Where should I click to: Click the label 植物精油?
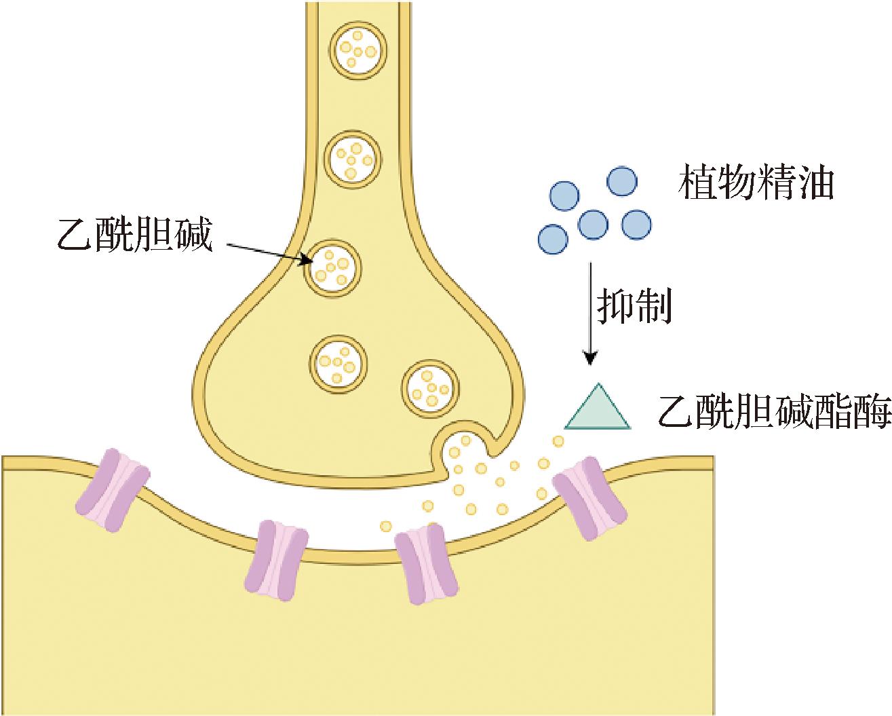point(756,183)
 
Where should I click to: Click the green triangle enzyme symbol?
point(597,410)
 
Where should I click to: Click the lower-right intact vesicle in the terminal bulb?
point(431,388)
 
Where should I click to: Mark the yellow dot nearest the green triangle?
point(558,442)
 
